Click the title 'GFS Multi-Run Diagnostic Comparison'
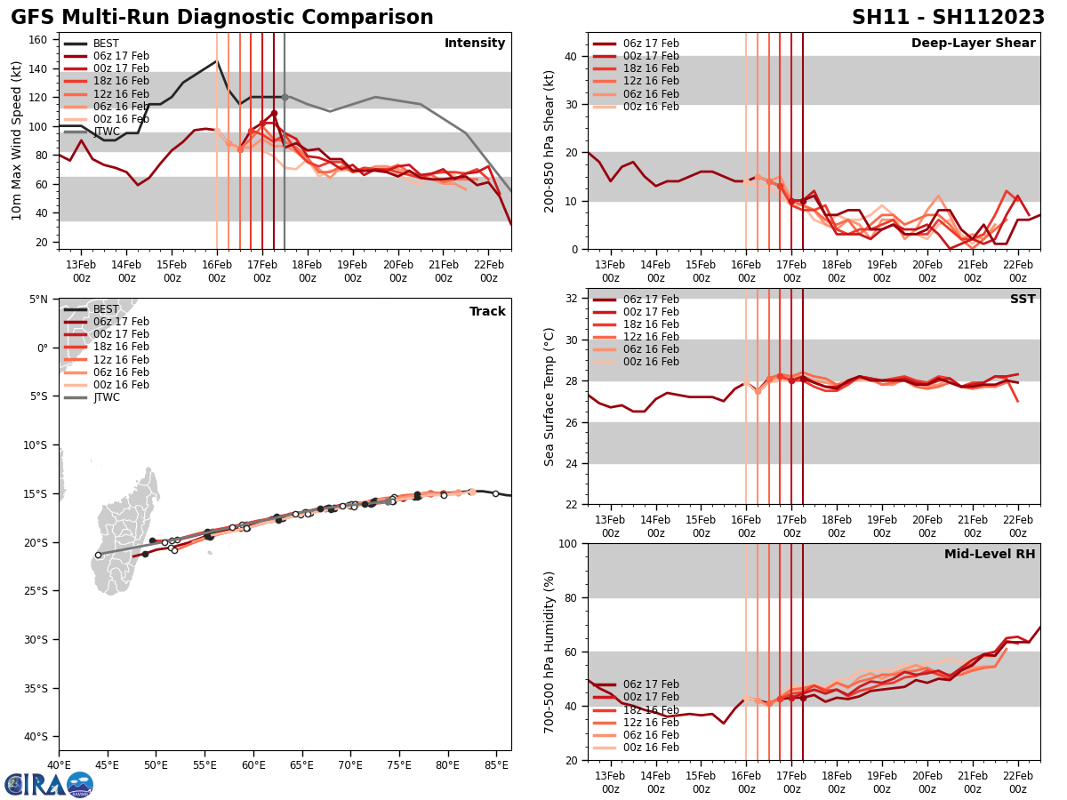[x=222, y=18]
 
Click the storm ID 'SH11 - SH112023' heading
[x=948, y=18]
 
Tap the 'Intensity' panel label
[x=475, y=44]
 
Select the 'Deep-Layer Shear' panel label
[x=973, y=44]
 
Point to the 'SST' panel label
[x=1023, y=300]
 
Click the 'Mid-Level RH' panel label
[x=990, y=555]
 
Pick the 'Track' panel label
[x=487, y=312]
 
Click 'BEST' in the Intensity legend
[x=106, y=44]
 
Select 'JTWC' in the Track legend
[x=106, y=397]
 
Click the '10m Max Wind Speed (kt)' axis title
[x=16, y=140]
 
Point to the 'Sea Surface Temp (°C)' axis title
[x=550, y=396]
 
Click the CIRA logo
[x=49, y=784]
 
